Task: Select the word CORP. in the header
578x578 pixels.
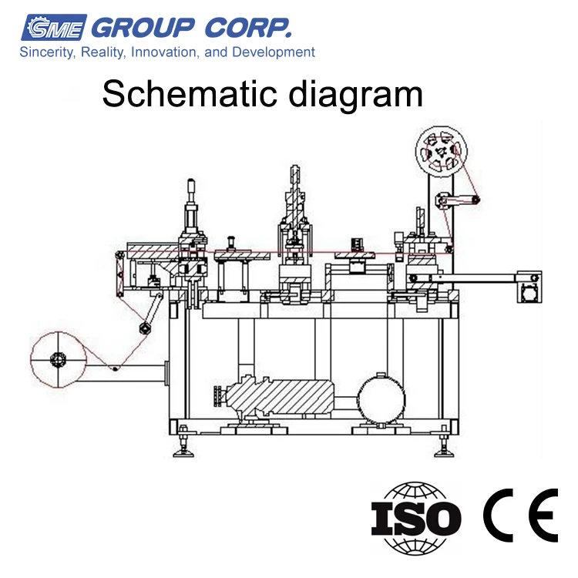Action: tap(249, 28)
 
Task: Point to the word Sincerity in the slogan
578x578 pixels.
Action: tap(45, 52)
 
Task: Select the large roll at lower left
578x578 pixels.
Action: tap(58, 360)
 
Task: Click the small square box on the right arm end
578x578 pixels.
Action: tap(529, 292)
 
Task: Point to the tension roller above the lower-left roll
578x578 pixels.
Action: tap(143, 328)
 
